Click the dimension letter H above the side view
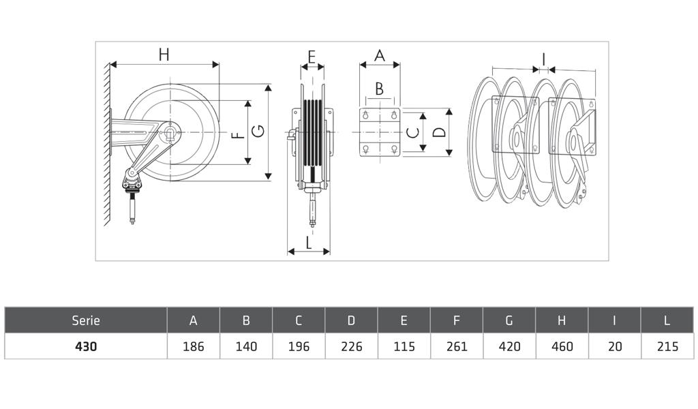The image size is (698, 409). [164, 55]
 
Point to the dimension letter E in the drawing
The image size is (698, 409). [312, 57]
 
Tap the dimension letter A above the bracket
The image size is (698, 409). [379, 56]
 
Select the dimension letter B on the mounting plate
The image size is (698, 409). [379, 89]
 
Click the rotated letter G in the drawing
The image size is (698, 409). [258, 131]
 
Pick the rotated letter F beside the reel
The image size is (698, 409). [239, 135]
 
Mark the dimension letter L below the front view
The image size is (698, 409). [309, 243]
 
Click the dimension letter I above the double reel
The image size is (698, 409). [543, 59]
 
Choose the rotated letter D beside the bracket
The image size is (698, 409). [440, 132]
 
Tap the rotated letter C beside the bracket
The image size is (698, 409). [414, 132]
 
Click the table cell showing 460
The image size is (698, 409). [562, 346]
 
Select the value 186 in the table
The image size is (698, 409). [193, 346]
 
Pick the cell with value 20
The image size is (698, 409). [615, 346]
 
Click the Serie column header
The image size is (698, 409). [86, 320]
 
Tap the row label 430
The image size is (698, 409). [86, 346]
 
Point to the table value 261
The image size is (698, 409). [457, 346]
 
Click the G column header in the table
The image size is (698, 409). [509, 320]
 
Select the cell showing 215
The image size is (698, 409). [667, 346]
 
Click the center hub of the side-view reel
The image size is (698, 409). [170, 132]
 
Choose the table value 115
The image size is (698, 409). [404, 346]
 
